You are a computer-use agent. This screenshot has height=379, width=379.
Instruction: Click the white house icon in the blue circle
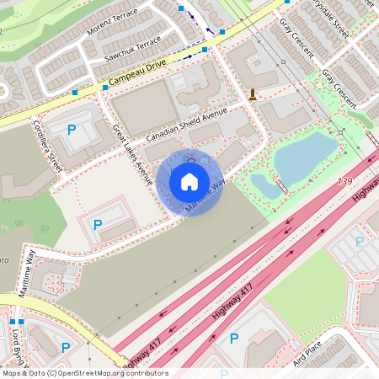pos(189,182)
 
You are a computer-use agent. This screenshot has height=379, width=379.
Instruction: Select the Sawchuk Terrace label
pos(132,50)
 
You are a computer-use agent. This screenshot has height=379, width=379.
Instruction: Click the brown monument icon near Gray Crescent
pos(253,94)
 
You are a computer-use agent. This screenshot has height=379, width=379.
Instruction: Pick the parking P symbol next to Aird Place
pos(234,339)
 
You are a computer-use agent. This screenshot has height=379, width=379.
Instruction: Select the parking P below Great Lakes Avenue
pos(98,225)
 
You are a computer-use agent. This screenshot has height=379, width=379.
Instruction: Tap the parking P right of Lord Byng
pos(66,347)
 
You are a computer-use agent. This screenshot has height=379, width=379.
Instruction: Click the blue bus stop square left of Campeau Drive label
pos(75,92)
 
